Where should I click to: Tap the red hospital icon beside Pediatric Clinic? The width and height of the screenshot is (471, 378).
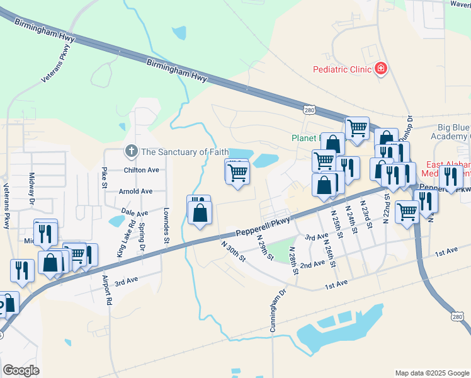point(380,68)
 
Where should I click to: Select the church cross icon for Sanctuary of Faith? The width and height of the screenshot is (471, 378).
point(131,151)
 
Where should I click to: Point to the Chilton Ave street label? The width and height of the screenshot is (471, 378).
point(141,169)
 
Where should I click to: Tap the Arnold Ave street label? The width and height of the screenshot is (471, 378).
point(135,191)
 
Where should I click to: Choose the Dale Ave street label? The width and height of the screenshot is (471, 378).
point(134,214)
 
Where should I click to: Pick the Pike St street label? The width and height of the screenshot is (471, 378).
point(105,178)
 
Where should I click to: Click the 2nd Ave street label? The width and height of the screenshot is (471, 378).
point(312,265)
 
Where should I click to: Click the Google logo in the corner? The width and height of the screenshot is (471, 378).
point(21,370)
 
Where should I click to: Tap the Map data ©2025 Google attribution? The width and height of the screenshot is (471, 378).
point(432,373)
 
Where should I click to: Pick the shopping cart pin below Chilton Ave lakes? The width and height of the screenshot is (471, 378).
point(237,173)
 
